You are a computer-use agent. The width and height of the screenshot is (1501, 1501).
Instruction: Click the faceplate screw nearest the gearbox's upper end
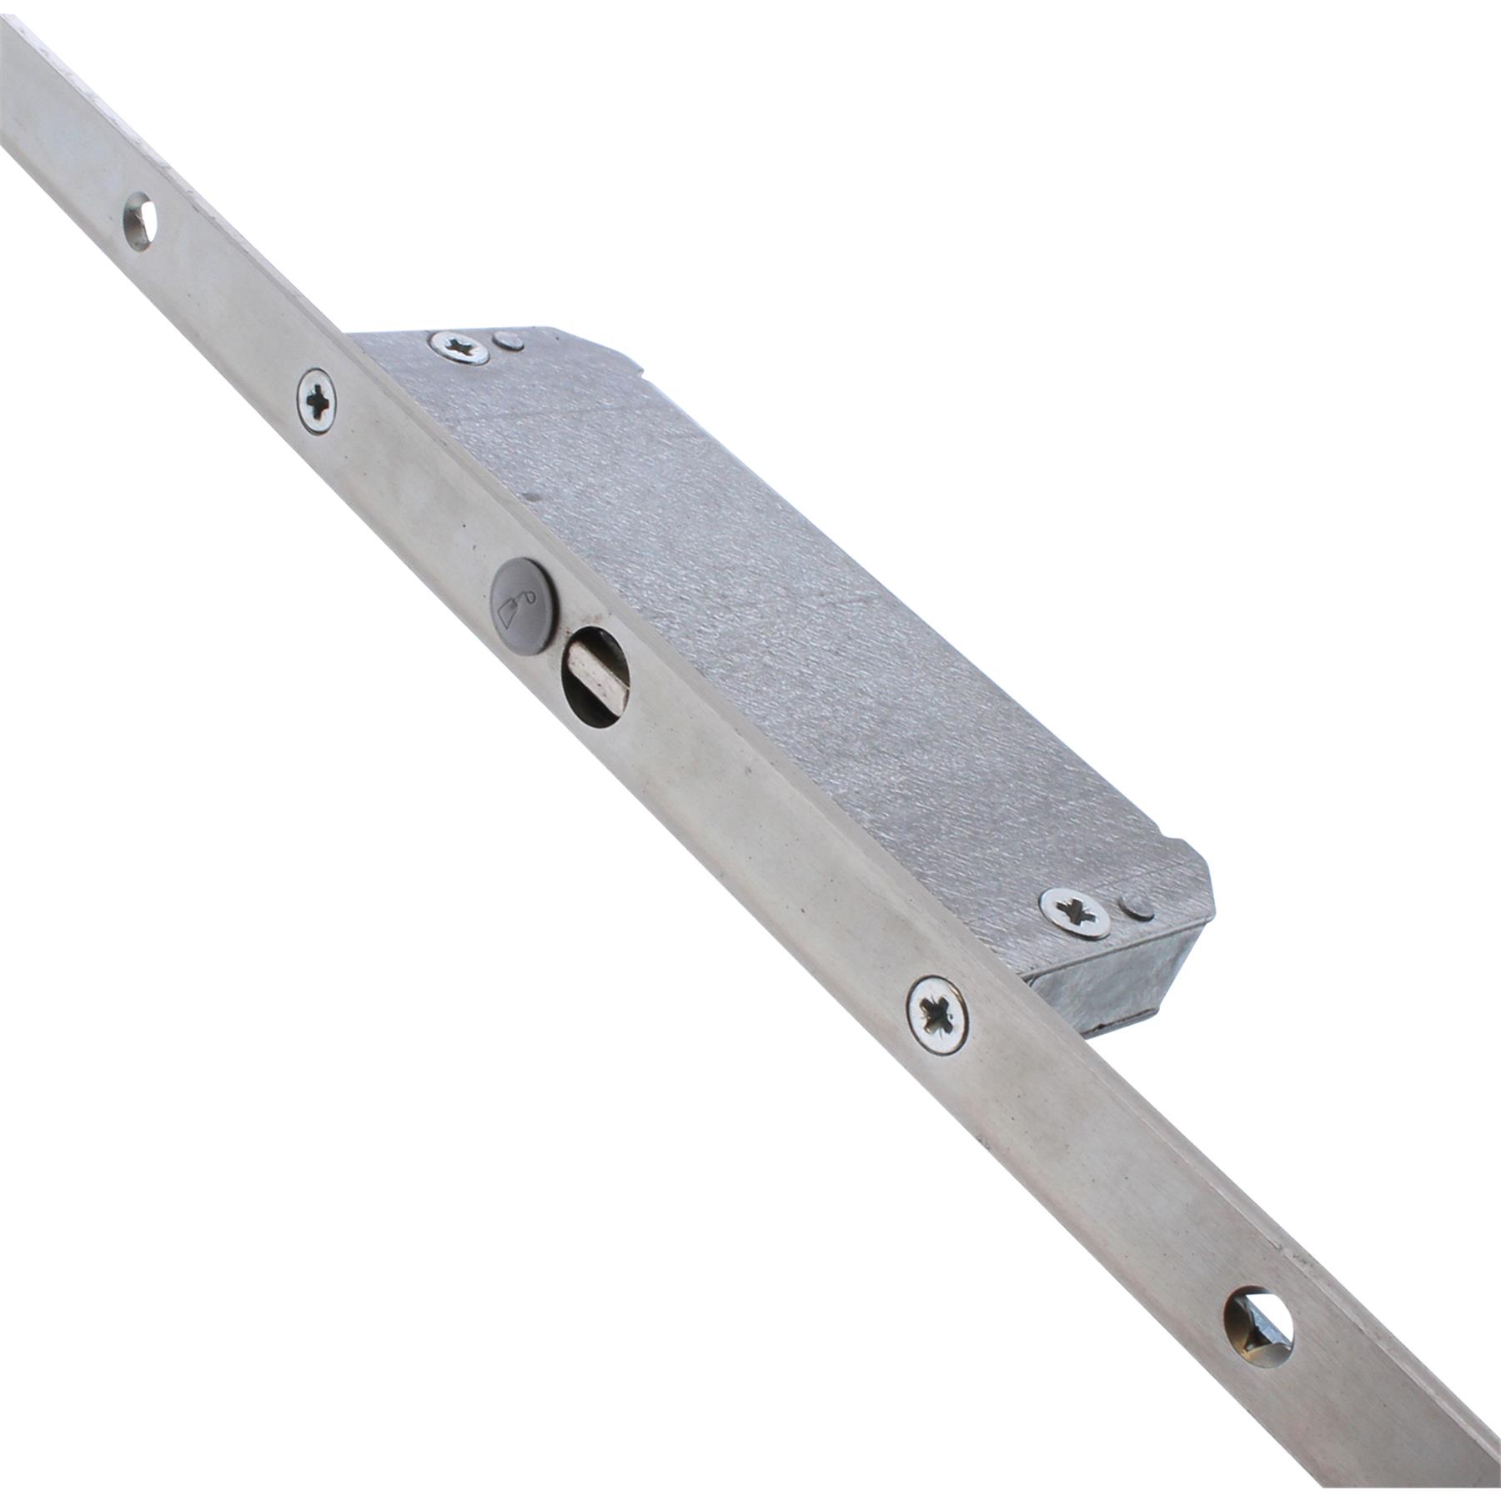317,402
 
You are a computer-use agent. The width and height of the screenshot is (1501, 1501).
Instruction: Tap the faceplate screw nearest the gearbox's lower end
937,1016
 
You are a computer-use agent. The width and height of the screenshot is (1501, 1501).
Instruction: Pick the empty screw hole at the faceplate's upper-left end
139,223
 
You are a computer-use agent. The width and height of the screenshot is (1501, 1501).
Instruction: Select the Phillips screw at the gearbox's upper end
459,347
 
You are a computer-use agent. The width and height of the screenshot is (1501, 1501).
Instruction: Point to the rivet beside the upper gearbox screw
506,340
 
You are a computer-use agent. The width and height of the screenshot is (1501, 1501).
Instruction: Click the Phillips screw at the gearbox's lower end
1075,912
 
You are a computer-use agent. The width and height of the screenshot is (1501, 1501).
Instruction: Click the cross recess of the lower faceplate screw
937,1016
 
